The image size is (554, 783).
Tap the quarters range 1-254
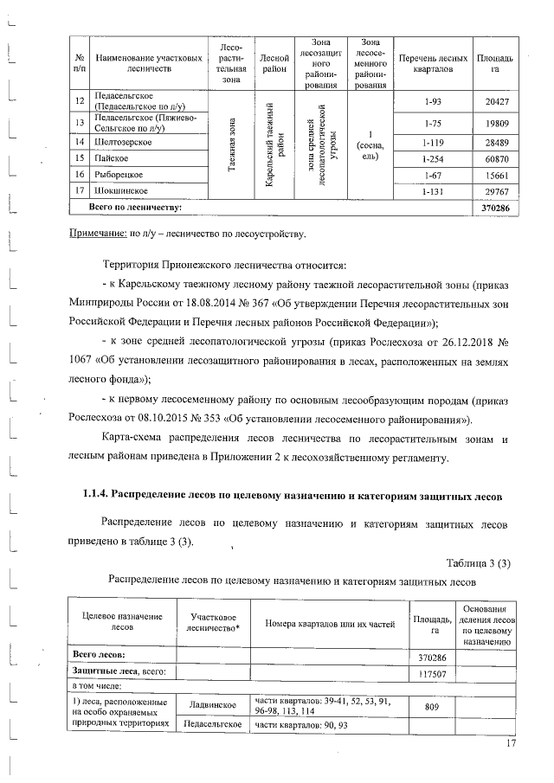pyautogui.click(x=428, y=158)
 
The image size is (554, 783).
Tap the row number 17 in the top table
pyautogui.click(x=79, y=190)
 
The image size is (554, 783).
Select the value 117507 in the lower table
pyautogui.click(x=432, y=672)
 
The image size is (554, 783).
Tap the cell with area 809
pyautogui.click(x=432, y=707)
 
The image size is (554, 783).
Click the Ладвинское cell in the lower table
pyautogui.click(x=212, y=707)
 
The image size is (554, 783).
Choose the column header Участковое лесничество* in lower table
pyautogui.click(x=212, y=621)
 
